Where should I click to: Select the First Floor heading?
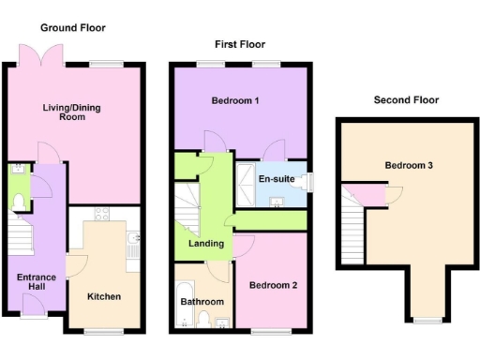click(x=239, y=44)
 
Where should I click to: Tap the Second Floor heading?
click(x=406, y=99)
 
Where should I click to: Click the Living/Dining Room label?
click(x=71, y=113)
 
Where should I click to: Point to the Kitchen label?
click(x=103, y=296)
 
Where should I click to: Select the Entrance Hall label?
click(x=36, y=283)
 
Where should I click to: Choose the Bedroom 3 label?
click(x=408, y=166)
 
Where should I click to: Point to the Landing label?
click(x=205, y=244)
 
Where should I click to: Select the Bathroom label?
click(x=202, y=301)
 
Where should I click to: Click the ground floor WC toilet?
click(x=18, y=199)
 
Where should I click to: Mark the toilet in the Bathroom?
click(x=203, y=322)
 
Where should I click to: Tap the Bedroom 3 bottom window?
click(x=427, y=320)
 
